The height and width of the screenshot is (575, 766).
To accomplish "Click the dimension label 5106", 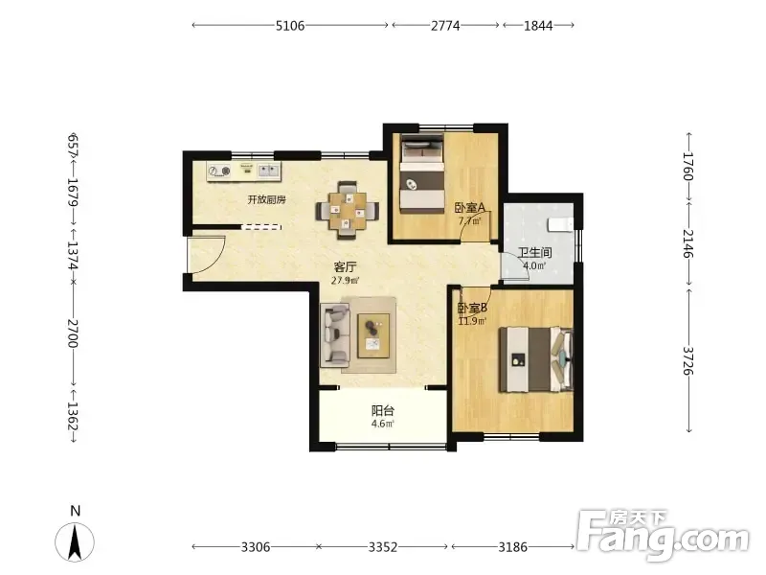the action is tap(290, 26).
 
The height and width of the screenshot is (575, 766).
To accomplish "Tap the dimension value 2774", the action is tap(445, 26).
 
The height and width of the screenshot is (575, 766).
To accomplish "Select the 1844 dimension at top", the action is tap(538, 26).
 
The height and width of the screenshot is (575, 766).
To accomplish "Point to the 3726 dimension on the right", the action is tap(687, 361).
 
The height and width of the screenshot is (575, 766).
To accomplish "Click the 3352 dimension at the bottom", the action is tap(382, 546).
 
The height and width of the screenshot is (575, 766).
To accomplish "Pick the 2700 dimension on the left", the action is tap(73, 333).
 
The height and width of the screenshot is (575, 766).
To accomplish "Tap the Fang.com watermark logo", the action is tap(664, 535).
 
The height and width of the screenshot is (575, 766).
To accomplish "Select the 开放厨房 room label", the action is tap(267, 199).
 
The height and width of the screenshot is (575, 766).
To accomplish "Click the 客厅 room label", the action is tap(345, 267).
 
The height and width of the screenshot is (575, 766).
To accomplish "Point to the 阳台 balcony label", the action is tap(382, 411).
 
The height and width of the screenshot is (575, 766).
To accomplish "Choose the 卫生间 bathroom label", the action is tap(535, 252).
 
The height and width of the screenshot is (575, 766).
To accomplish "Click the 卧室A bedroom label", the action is tap(470, 208).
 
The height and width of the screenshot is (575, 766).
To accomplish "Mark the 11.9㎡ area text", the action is tap(472, 321).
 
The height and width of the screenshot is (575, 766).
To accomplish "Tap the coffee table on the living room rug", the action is tap(373, 335).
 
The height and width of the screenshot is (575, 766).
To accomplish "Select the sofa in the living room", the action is tap(335, 335).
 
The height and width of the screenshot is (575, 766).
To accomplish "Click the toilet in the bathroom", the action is tap(560, 224).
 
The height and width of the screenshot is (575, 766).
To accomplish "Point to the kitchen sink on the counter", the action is tap(269, 171).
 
